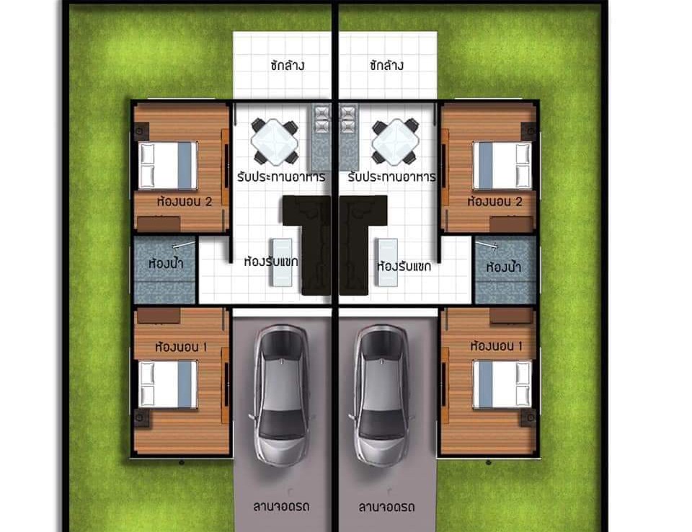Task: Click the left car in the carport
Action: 281,396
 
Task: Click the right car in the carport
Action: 381,396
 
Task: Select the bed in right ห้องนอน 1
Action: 502,384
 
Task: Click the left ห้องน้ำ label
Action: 166,264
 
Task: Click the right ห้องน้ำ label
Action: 504,267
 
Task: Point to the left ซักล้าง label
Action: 288,66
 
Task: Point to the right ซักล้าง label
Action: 386,66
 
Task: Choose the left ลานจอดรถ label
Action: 281,506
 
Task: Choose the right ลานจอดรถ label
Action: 386,507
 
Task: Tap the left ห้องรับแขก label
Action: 271,262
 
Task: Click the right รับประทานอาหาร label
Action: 391,177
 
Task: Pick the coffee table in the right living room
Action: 387,262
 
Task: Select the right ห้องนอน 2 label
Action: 494,202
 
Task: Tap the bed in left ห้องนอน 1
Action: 168,384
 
